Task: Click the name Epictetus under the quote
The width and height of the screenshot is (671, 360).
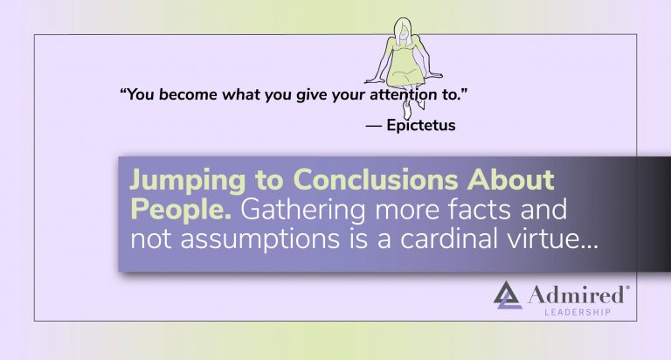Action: coord(421,126)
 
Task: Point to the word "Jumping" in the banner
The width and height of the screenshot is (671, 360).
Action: coord(188,181)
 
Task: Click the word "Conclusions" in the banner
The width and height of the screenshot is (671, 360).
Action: coord(376,179)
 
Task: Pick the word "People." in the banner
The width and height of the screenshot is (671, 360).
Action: coord(181,210)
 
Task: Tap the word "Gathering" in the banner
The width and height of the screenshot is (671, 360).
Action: coord(303,211)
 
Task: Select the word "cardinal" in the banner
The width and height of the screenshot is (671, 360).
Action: coord(449,238)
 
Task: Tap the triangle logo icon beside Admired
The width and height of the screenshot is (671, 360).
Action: coord(508,295)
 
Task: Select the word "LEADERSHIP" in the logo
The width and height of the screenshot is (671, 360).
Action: coord(578,313)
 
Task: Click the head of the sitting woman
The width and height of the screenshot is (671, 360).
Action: coord(402,31)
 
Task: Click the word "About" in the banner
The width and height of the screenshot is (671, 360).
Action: coord(511,179)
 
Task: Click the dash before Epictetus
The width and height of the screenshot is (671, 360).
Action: coord(374,126)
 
